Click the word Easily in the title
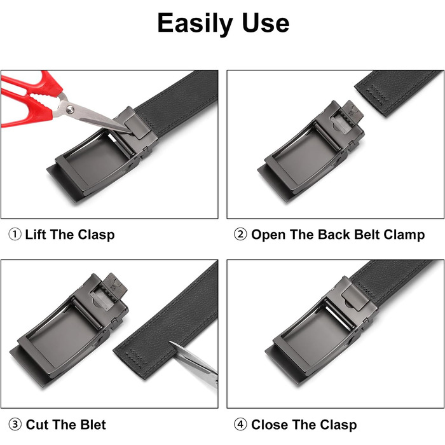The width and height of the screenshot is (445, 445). click(195, 24)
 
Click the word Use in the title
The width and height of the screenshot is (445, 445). click(266, 23)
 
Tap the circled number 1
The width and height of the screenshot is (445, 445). click(15, 235)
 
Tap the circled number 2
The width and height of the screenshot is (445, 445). click(240, 235)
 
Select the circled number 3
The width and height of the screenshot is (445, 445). click(15, 425)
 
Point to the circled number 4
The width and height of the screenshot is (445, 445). click(240, 425)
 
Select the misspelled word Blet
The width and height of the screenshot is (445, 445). click(93, 425)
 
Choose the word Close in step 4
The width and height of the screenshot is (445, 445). click(270, 425)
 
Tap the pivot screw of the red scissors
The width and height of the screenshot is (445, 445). click(70, 109)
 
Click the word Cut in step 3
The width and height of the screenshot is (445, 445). click(37, 425)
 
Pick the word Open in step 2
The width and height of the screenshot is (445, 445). click(268, 235)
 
